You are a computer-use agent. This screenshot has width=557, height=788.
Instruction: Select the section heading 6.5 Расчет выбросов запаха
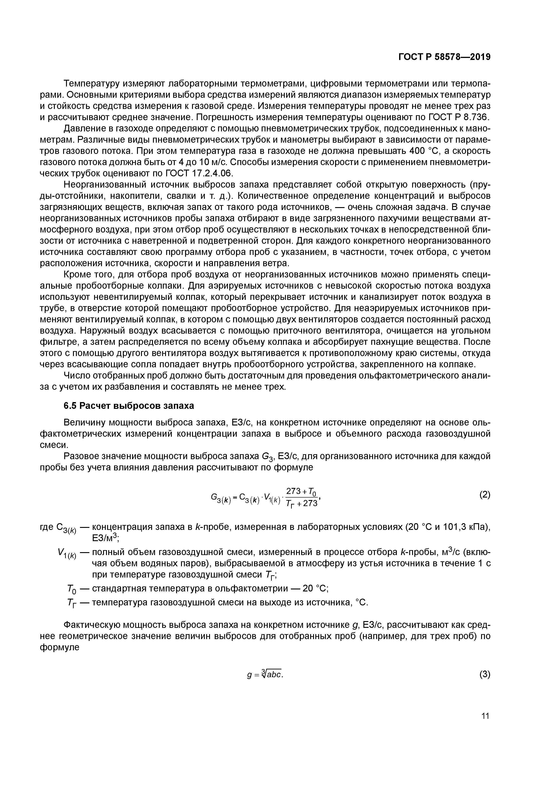point(129,406)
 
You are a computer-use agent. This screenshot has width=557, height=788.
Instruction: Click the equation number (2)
point(485,495)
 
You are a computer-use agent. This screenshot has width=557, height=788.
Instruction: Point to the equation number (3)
point(485,674)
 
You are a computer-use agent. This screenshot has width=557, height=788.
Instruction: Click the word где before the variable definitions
point(47,527)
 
